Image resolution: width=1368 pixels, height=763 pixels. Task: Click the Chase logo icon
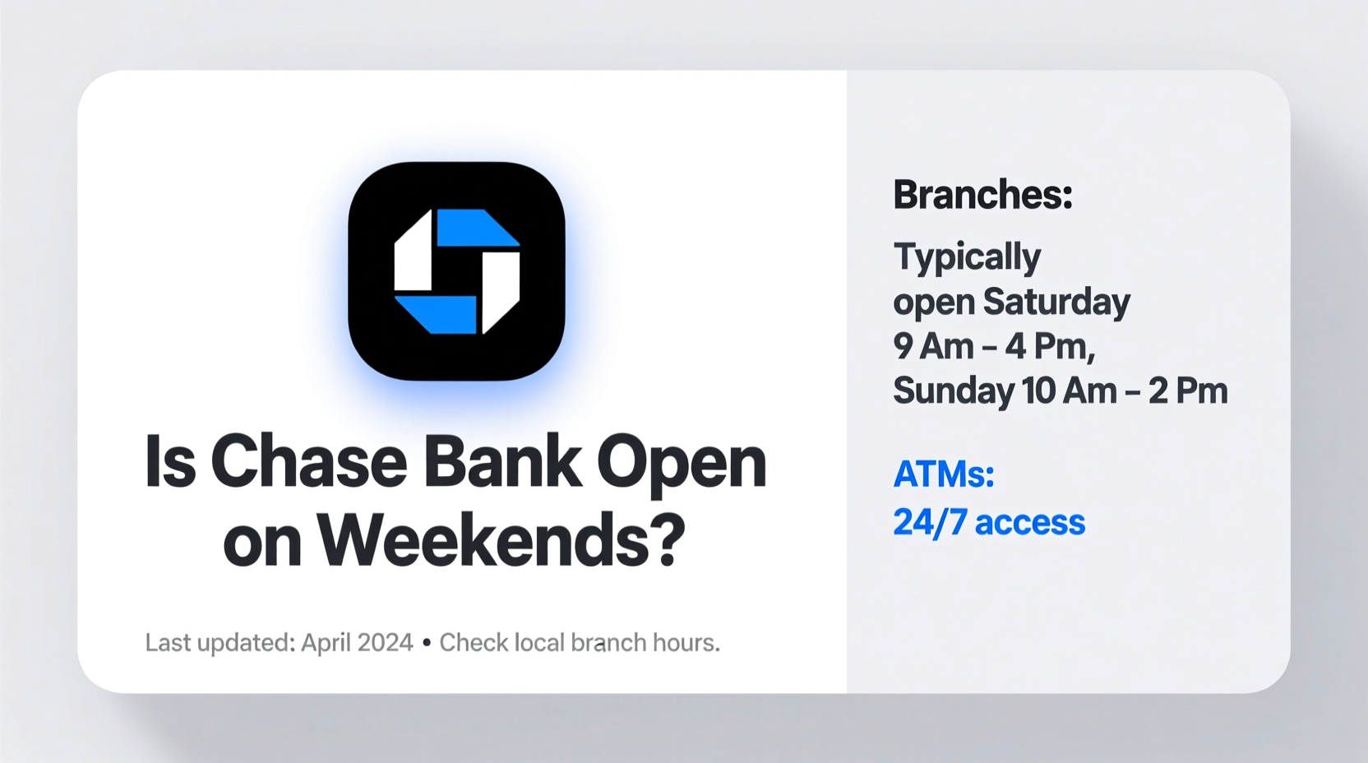(457, 271)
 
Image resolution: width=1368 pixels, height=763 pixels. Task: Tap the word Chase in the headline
(309, 462)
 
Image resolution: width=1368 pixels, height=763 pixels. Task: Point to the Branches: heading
(982, 195)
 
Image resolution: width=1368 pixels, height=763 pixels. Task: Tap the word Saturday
(1056, 303)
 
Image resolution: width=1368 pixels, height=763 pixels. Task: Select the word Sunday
(954, 391)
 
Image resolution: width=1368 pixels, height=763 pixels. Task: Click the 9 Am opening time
(933, 346)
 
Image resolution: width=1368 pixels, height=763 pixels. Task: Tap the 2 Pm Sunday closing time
(1188, 391)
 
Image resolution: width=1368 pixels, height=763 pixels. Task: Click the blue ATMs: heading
(944, 474)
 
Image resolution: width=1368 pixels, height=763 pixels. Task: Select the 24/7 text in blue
(930, 522)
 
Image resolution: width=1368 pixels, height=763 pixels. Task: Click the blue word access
(1029, 524)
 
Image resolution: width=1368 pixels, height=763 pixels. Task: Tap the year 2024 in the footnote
(385, 643)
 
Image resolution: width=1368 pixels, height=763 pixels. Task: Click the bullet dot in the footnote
(427, 643)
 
